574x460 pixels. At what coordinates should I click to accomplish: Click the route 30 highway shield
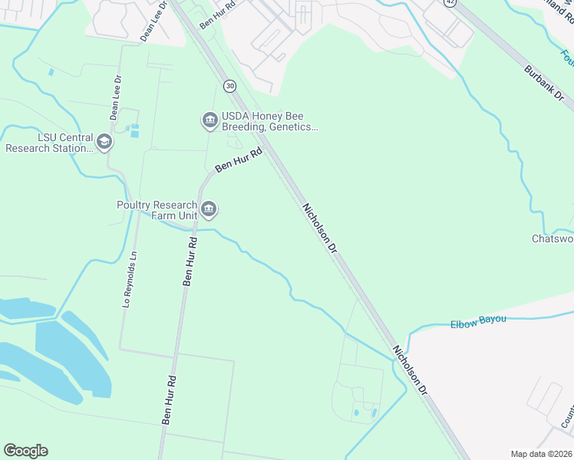[x=229, y=85]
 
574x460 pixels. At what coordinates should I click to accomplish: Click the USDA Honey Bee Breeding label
[x=269, y=122]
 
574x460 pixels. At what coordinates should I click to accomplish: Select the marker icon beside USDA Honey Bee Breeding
[x=209, y=120]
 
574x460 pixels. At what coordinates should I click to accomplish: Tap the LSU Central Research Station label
[x=48, y=143]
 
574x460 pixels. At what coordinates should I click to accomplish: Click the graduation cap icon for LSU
[x=104, y=142]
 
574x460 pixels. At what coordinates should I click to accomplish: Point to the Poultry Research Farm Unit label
[x=157, y=210]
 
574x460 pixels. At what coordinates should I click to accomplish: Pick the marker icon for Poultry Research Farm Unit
[x=209, y=209]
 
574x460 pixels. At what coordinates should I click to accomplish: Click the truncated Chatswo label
[x=553, y=238]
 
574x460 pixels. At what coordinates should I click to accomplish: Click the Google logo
[x=25, y=451]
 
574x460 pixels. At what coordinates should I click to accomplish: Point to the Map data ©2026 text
[x=540, y=454]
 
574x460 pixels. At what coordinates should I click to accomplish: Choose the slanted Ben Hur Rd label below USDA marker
[x=239, y=160]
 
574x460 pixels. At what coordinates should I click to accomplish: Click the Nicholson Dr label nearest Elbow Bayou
[x=408, y=370]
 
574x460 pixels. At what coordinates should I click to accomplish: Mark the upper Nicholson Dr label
[x=320, y=228]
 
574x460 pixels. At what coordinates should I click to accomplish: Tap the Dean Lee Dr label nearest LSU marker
[x=115, y=98]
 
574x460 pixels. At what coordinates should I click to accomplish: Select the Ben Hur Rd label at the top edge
[x=217, y=15]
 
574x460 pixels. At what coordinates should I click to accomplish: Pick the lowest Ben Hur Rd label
[x=169, y=399]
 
